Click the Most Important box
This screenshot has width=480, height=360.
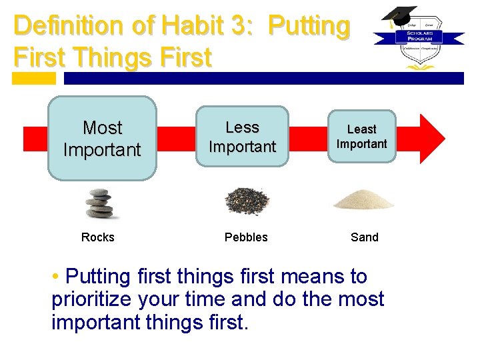click(102, 139)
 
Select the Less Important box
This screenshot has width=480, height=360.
click(242, 137)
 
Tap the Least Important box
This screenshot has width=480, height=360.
click(361, 137)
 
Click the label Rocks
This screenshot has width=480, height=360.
click(98, 237)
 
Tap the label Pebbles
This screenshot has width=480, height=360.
click(246, 237)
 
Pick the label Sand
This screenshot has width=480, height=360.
click(364, 237)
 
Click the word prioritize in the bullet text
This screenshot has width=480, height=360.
click(93, 299)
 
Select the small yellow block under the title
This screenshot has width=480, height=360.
click(34, 78)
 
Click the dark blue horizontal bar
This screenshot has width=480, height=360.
click(263, 78)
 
